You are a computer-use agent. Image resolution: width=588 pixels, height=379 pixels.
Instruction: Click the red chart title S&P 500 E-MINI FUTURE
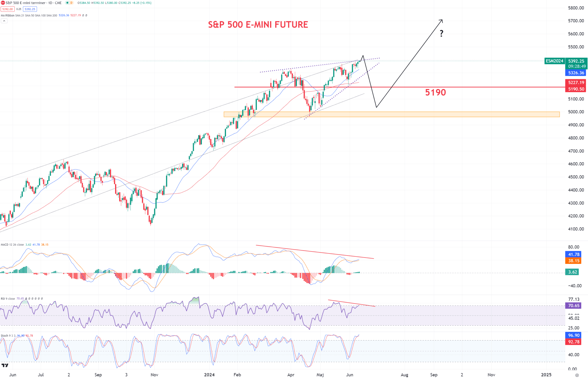coord(258,25)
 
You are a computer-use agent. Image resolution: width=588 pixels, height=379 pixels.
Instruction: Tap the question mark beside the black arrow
coord(442,34)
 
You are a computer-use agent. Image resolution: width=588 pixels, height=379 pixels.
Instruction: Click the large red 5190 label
coord(435,92)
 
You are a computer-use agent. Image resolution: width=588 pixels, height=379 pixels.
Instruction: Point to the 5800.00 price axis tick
coord(576,8)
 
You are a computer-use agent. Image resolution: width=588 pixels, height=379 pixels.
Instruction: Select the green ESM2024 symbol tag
coord(554,61)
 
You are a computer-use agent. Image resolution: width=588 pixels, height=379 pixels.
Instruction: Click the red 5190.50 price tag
coord(576,89)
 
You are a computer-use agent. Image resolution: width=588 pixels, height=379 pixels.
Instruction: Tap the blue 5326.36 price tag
coord(576,73)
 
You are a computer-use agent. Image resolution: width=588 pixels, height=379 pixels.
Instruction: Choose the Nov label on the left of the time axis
coord(154,375)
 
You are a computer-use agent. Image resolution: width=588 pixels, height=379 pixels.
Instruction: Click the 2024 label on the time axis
coord(209,375)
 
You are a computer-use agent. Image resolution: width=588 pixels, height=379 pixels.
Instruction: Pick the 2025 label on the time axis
coord(546,375)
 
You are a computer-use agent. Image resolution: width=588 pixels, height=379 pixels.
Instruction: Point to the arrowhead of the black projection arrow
coord(442,20)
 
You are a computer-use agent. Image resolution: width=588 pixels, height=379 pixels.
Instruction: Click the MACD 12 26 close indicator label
coord(12,245)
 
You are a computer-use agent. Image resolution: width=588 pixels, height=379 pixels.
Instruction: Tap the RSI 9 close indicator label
coord(8,299)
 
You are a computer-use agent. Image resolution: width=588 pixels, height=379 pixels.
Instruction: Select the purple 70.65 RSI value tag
coord(573,306)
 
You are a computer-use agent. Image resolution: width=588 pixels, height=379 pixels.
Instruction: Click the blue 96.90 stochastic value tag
coord(574,335)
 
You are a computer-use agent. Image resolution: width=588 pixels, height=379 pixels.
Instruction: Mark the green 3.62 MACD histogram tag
coord(572,272)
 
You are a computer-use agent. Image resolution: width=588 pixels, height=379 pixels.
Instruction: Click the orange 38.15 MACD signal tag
coord(574,261)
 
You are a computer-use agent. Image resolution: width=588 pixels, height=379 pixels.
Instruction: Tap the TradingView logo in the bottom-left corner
coord(5,365)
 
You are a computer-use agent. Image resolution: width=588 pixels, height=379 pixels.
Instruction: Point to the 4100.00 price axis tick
coord(576,229)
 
